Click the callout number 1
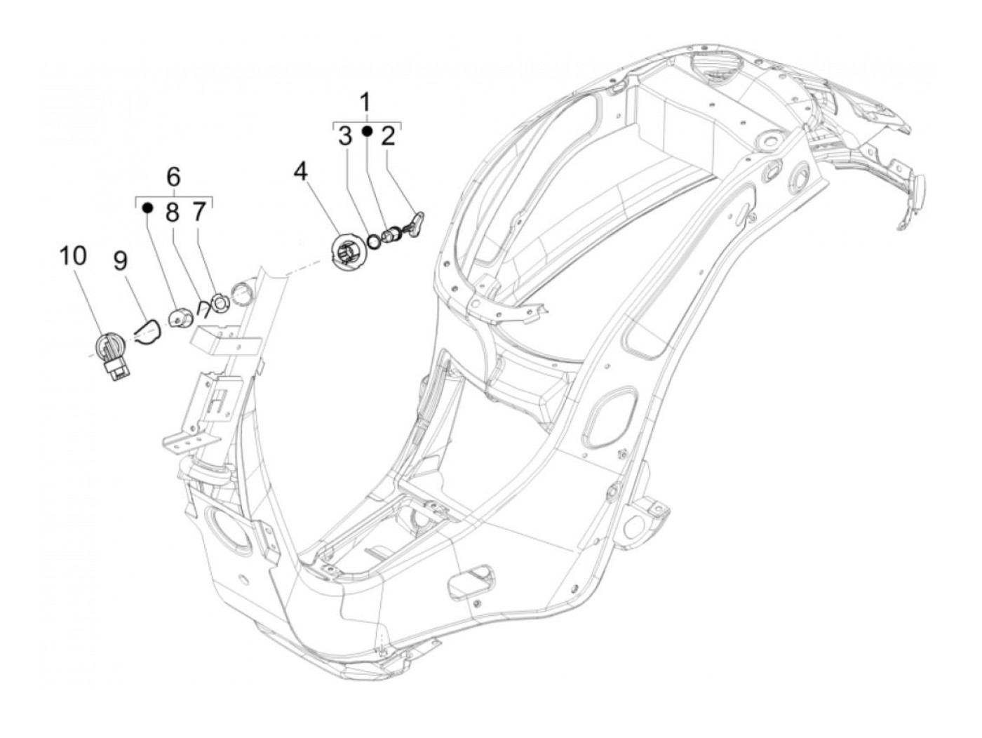pos(365,102)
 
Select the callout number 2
pos(388,136)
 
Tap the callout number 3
pos(344,136)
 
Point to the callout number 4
pos(300,171)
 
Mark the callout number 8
pos(173,211)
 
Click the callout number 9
pos(121,262)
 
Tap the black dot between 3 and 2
pos(366,131)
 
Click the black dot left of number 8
pos(148,207)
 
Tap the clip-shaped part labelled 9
pos(147,332)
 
